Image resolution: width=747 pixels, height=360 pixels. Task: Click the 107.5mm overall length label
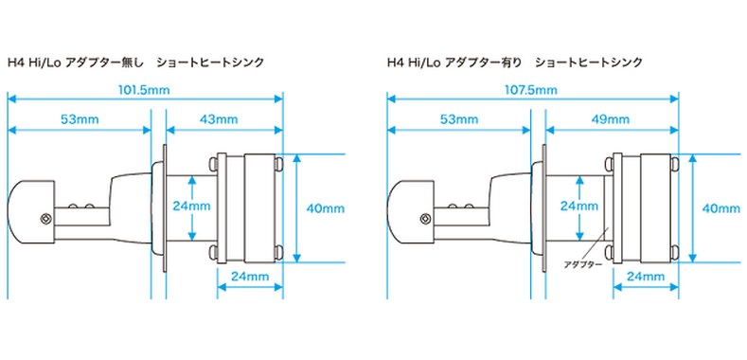(531, 90)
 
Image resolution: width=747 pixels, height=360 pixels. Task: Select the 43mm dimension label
(219, 119)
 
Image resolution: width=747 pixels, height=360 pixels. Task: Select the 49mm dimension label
(611, 119)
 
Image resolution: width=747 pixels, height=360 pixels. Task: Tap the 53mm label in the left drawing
(80, 119)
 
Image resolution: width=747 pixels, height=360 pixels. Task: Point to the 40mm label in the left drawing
(326, 208)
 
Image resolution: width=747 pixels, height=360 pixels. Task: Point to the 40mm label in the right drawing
(721, 208)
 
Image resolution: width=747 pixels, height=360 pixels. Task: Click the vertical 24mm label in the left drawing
(192, 207)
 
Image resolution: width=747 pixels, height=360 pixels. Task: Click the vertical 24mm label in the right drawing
(578, 207)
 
